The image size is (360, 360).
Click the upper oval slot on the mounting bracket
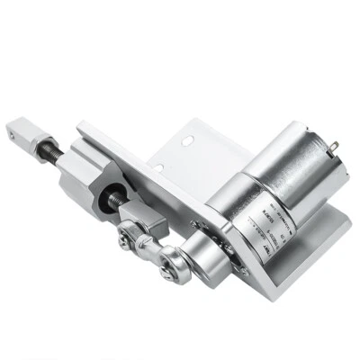point(187,140)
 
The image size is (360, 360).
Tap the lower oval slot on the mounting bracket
point(157,167)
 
